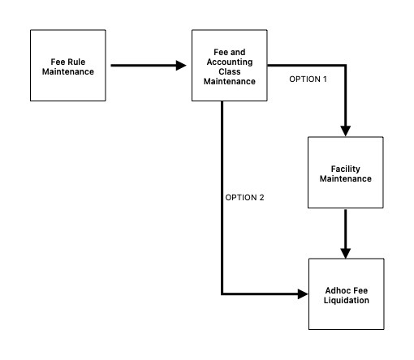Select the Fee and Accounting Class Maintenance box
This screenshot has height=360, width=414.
point(229,66)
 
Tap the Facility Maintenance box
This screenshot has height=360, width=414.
point(346,173)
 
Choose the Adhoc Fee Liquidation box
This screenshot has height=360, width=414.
point(346,294)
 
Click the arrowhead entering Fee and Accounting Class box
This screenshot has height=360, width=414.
point(182,66)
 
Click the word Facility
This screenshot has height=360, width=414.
point(346,168)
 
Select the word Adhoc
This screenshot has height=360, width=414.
point(332,289)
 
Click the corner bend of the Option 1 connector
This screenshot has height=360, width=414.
point(347,66)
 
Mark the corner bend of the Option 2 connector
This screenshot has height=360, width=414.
point(222,294)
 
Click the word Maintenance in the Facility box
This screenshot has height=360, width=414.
point(346,178)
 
